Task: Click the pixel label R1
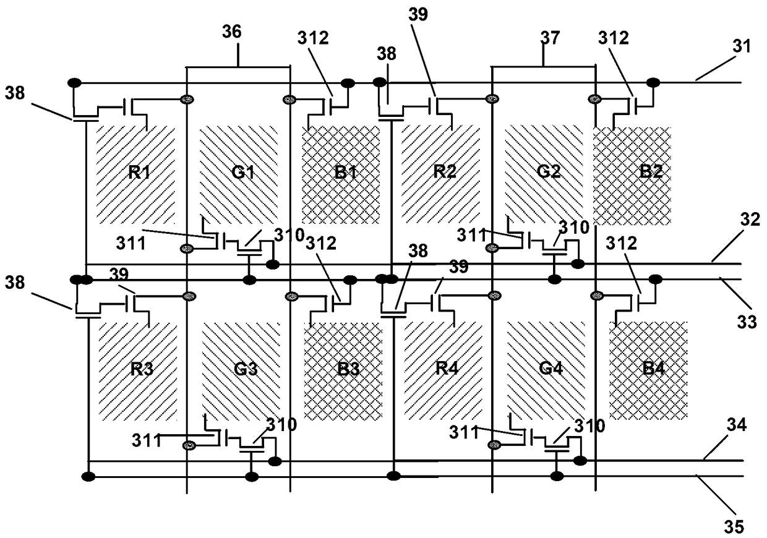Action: [139, 172]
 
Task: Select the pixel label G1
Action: [242, 172]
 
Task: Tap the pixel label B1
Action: [346, 172]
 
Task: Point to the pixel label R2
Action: [445, 171]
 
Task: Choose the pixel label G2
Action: [549, 171]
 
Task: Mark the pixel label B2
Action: [651, 171]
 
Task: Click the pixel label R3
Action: [142, 369]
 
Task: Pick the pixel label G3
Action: [246, 369]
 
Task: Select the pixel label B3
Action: [348, 369]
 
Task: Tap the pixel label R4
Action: [447, 368]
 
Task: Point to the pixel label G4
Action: [551, 368]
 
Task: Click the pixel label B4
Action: [653, 368]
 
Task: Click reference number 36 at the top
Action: [232, 32]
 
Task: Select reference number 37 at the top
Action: [550, 38]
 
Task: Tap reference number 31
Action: [742, 46]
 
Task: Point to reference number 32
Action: [750, 220]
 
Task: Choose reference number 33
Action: [747, 322]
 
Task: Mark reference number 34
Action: [737, 425]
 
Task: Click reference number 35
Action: [734, 527]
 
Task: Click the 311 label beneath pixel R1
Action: [131, 244]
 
